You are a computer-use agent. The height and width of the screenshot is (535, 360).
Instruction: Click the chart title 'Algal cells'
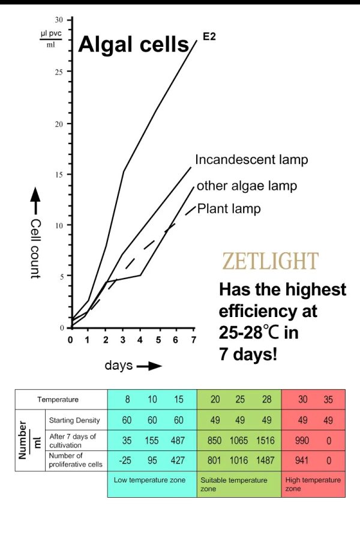[134, 44]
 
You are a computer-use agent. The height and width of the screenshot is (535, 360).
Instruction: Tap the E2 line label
[209, 37]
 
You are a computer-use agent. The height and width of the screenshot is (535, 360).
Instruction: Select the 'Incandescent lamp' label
[251, 160]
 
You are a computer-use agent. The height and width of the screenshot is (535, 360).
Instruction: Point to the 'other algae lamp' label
[247, 186]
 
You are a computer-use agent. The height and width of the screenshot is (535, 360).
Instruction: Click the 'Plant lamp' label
[229, 209]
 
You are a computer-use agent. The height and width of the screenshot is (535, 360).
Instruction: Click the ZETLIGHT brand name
[270, 261]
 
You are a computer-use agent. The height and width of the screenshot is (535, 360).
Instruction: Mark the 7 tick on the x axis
[193, 340]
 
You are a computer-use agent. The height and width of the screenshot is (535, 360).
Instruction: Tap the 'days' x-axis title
[119, 365]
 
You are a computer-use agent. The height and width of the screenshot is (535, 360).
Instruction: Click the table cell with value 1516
[266, 441]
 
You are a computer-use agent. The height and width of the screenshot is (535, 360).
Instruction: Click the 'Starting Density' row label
[74, 420]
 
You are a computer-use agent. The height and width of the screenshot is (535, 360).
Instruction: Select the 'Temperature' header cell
[58, 399]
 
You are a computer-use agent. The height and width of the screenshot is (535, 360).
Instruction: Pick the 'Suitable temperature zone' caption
[234, 485]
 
